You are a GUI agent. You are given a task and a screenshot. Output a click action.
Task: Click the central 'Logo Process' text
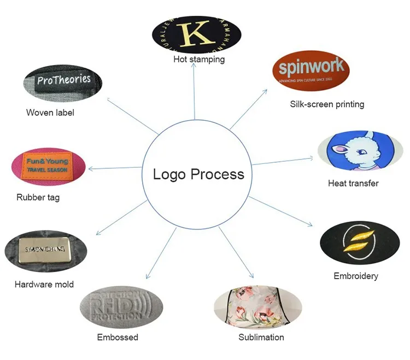pyautogui.click(x=198, y=175)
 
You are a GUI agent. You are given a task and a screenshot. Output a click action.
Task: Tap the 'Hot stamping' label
pyautogui.click(x=199, y=59)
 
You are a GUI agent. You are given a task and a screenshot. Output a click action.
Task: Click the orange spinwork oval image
pyautogui.click(x=311, y=69)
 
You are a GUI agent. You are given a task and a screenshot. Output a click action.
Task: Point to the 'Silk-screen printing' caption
pyautogui.click(x=327, y=104)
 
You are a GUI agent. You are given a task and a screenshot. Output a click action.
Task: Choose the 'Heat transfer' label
pyautogui.click(x=353, y=184)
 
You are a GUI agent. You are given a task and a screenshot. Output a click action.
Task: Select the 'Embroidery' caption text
pyautogui.click(x=356, y=276)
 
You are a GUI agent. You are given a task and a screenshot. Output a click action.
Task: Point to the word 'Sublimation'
pyautogui.click(x=261, y=337)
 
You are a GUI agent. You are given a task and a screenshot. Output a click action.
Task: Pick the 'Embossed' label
pyautogui.click(x=118, y=337)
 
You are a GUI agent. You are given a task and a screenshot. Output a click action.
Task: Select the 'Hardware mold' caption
pyautogui.click(x=44, y=284)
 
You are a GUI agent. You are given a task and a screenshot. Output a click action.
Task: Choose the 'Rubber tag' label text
pyautogui.click(x=38, y=197)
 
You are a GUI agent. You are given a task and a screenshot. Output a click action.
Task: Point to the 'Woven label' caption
pyautogui.click(x=50, y=113)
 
